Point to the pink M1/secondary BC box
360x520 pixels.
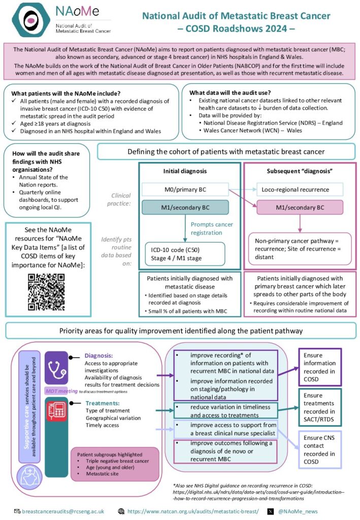pyautogui.click(x=300, y=208)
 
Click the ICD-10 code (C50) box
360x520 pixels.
pyautogui.click(x=184, y=254)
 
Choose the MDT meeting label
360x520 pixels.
pyautogui.click(x=61, y=391)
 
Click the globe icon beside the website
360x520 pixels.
pyautogui.click(x=121, y=511)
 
